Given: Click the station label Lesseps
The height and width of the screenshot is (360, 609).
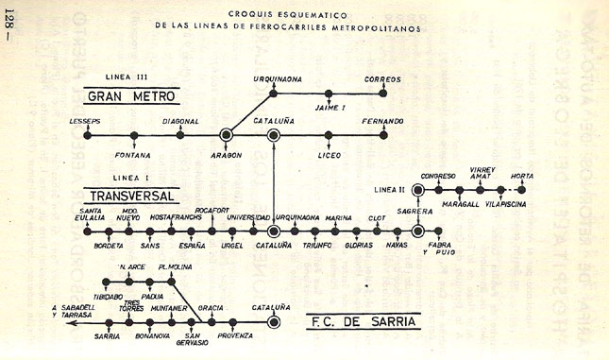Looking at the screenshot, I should point(85,122).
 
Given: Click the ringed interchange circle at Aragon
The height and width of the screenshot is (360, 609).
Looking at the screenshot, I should point(227,135).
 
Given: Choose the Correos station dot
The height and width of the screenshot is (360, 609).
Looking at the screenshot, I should point(383,94).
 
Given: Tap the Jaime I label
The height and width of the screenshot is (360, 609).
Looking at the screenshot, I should point(329,111).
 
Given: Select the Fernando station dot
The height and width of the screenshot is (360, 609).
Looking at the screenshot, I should point(383,135).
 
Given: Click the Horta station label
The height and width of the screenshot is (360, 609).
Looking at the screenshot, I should point(521,176).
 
